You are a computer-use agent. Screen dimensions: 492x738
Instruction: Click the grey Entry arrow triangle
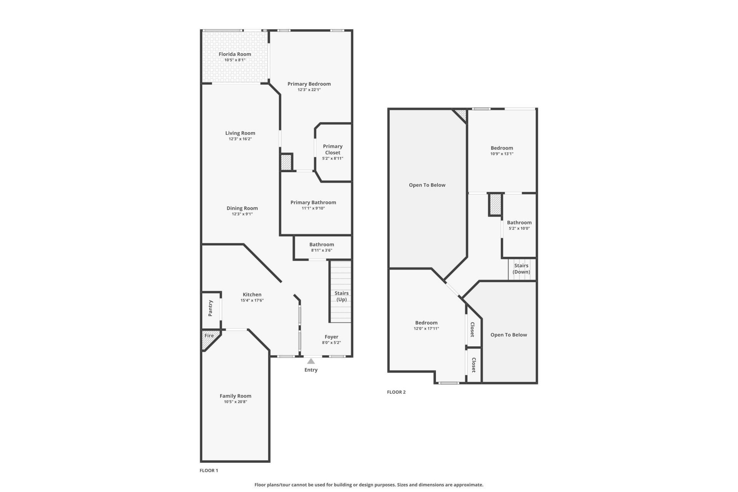311,361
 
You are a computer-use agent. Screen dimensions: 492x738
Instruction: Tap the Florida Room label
235,54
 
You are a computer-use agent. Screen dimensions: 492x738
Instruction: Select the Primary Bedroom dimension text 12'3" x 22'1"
309,90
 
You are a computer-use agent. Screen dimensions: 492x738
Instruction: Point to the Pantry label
210,308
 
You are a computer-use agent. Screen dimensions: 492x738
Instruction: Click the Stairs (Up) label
341,296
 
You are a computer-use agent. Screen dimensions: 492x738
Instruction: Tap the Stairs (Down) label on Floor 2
521,269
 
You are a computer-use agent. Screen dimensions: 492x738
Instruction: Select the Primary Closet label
332,149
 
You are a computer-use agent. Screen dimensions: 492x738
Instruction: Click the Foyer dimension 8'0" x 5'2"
331,342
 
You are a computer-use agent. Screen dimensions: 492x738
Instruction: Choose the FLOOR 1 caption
209,470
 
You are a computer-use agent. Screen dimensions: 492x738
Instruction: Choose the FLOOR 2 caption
396,392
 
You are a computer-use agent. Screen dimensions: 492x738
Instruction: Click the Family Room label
235,396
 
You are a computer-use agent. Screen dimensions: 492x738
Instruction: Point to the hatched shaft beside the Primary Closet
286,162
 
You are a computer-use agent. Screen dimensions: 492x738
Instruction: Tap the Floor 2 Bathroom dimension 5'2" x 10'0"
519,228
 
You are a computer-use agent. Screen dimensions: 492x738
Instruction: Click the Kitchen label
252,294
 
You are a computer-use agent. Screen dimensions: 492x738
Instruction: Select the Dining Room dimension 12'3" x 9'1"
242,214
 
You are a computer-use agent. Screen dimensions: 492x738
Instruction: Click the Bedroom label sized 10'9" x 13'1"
502,148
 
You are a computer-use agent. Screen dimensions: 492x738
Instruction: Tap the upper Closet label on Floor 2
472,329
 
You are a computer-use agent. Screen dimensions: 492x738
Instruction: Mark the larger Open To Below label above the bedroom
427,185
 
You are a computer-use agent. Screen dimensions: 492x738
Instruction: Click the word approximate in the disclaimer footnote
468,485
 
